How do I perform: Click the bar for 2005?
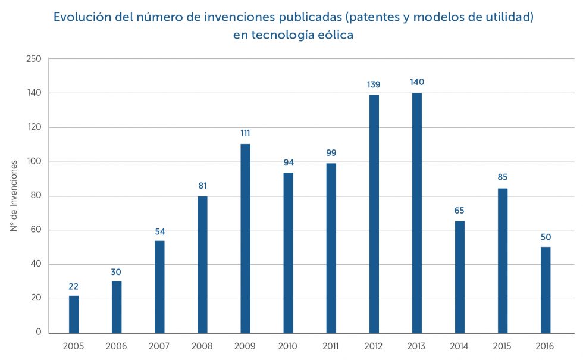pyautogui.click(x=74, y=314)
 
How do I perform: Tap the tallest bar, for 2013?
pyautogui.click(x=416, y=212)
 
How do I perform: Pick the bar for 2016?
pyautogui.click(x=546, y=290)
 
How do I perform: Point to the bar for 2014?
pyautogui.click(x=460, y=277)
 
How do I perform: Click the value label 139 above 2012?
pyautogui.click(x=374, y=84)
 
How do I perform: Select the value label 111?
pyautogui.click(x=245, y=133)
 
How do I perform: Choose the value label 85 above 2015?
pyautogui.click(x=503, y=177)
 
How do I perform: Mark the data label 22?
pyautogui.click(x=74, y=286)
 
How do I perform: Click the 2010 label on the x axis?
pyautogui.click(x=288, y=346)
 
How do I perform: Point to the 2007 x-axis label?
pyautogui.click(x=159, y=346)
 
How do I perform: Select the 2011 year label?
pyautogui.click(x=331, y=346)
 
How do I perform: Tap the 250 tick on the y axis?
pyautogui.click(x=34, y=59)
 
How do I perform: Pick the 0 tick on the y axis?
pyautogui.click(x=38, y=333)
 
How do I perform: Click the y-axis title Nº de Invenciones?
pyautogui.click(x=14, y=196)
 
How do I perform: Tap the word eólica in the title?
pyautogui.click(x=333, y=35)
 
